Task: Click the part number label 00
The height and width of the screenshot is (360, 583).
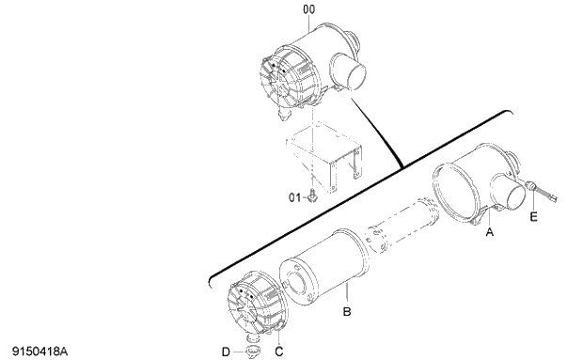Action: pos(309,9)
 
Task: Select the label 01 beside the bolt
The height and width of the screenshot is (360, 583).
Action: pos(295,197)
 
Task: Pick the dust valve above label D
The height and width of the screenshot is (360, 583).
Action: pos(251,351)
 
